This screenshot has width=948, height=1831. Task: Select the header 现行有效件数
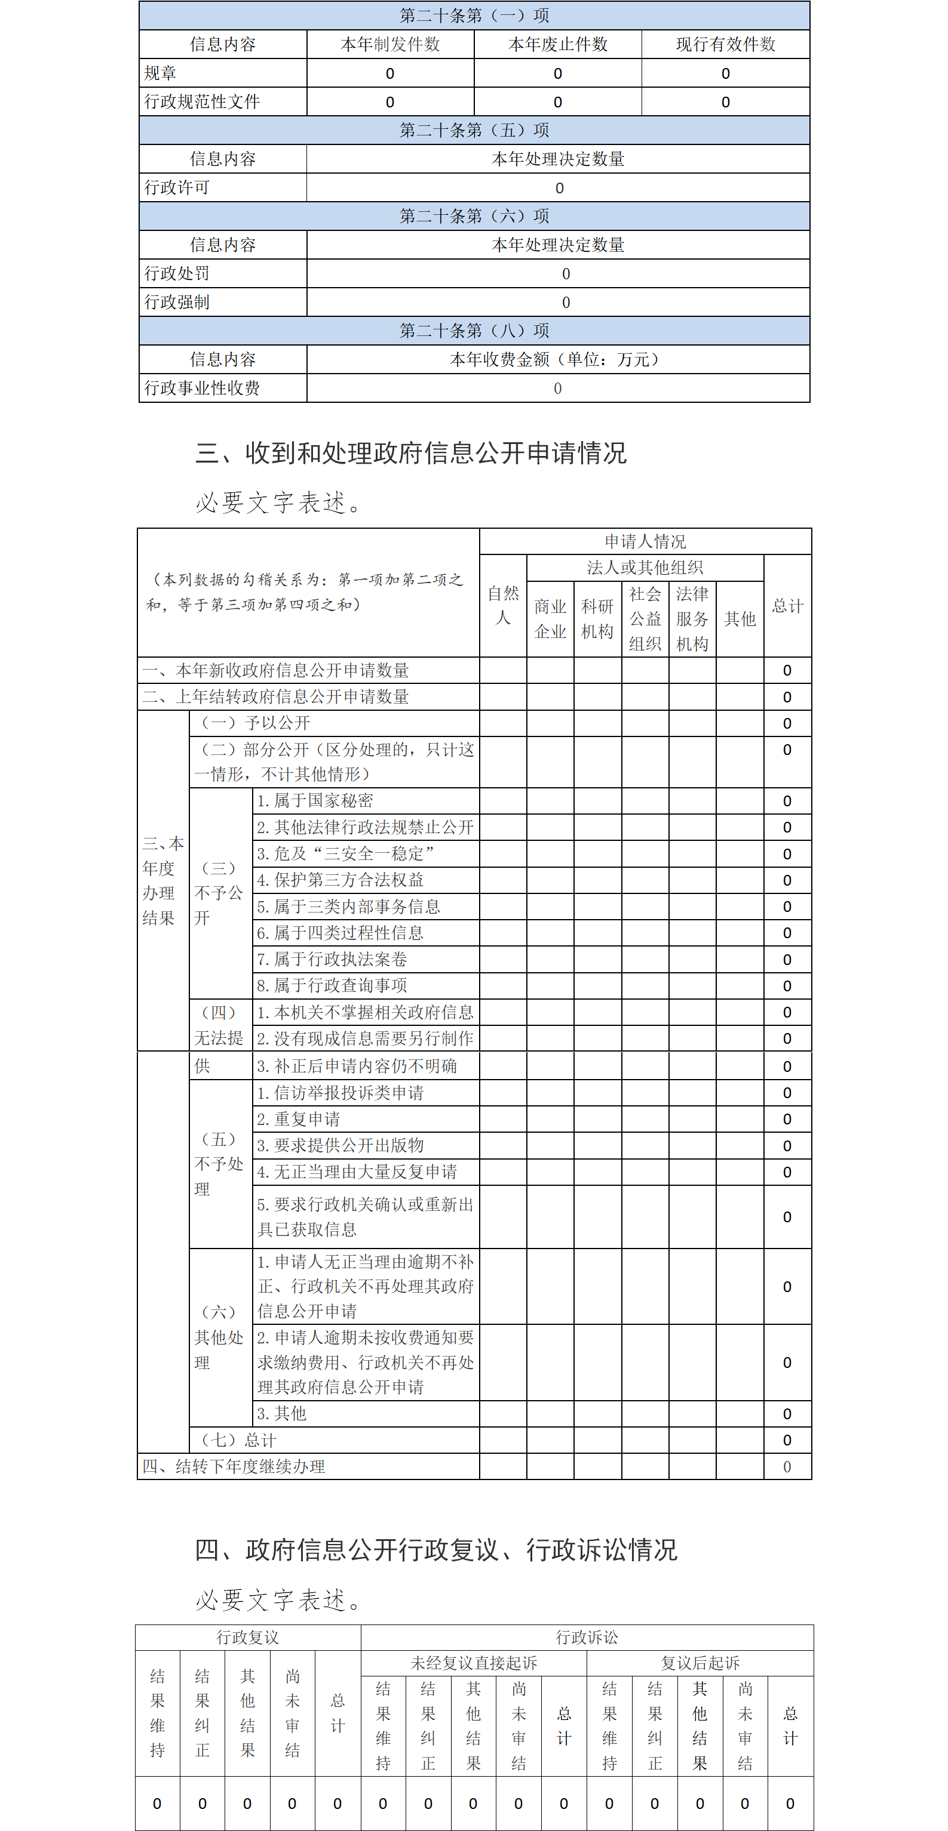(725, 44)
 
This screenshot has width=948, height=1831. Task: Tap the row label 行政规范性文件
(203, 101)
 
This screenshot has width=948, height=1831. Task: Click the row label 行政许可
(177, 187)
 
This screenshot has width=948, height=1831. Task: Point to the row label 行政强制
(177, 302)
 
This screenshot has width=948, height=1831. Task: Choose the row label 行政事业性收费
(203, 388)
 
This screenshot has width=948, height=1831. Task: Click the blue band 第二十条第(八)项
(474, 331)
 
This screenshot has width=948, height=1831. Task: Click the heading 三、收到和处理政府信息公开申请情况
(411, 453)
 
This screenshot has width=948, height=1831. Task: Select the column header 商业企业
(550, 619)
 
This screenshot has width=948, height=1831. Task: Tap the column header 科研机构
(597, 619)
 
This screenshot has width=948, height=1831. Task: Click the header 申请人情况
(645, 542)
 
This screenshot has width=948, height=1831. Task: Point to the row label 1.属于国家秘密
(315, 801)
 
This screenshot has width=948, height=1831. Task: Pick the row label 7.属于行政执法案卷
(332, 960)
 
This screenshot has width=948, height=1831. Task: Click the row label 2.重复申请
(299, 1120)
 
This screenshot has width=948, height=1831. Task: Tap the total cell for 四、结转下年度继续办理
(787, 1467)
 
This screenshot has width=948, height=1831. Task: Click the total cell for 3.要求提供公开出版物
(787, 1146)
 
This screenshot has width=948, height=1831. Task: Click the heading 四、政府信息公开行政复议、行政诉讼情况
(436, 1551)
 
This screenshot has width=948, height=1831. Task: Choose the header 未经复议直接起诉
(474, 1663)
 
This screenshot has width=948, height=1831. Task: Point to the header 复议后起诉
(701, 1663)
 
